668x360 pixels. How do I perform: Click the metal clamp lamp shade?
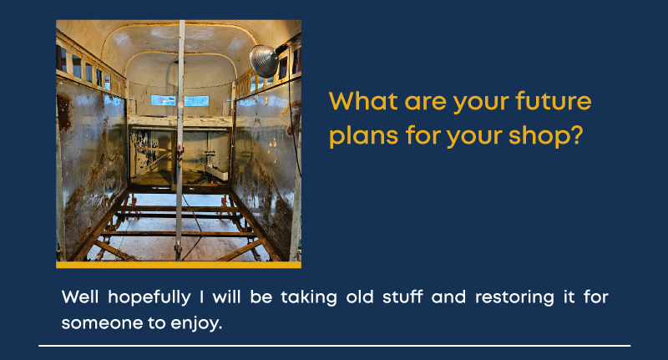click(x=263, y=61)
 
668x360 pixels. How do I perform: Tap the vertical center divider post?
click(x=180, y=140)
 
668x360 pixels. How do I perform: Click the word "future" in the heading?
click(x=554, y=102)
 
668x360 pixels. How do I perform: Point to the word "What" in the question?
click(x=363, y=102)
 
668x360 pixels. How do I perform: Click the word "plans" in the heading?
click(x=363, y=137)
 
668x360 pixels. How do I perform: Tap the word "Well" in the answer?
click(x=80, y=297)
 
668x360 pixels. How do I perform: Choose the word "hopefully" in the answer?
click(x=149, y=298)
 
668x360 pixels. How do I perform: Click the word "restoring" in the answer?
click(x=514, y=298)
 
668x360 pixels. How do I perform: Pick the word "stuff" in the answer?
click(x=402, y=297)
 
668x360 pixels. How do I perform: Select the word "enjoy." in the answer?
click(x=196, y=324)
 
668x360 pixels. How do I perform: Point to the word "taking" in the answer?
click(x=309, y=298)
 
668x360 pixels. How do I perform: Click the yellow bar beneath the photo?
click(x=179, y=265)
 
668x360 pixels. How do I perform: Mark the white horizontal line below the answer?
click(x=335, y=346)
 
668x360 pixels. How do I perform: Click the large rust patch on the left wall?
click(x=64, y=112)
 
